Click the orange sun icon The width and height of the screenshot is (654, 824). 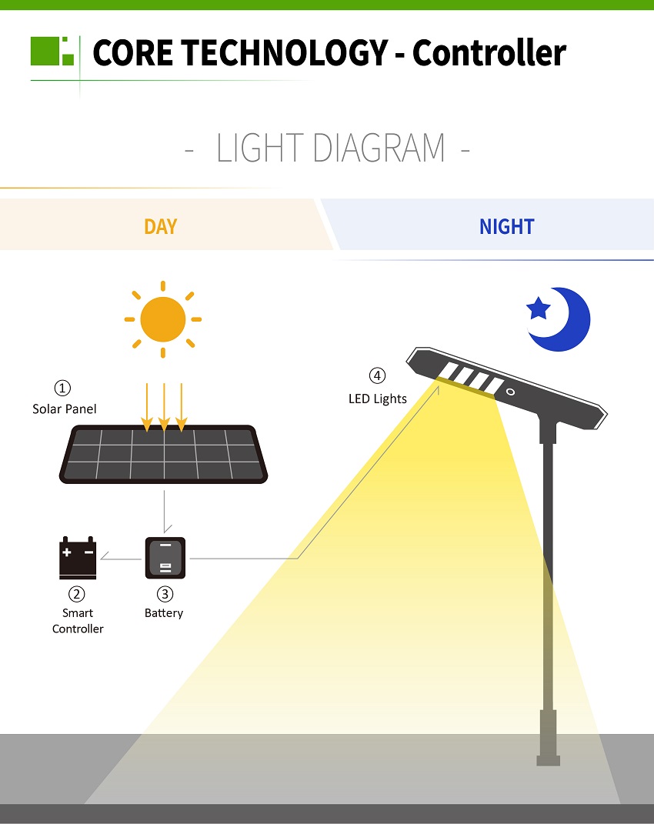(163, 319)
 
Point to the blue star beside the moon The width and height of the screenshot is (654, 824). (539, 308)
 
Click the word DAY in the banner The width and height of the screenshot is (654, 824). (160, 226)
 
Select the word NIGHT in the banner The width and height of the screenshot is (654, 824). (507, 226)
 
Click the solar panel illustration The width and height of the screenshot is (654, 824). (163, 454)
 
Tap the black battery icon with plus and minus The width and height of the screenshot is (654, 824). (78, 558)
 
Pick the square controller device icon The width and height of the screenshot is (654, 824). (165, 558)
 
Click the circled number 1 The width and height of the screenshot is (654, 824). (62, 388)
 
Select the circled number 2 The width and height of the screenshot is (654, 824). (77, 594)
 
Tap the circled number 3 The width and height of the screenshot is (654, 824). (165, 594)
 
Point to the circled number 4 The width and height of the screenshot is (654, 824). (377, 375)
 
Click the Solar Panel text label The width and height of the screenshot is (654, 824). (64, 409)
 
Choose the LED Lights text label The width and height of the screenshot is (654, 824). (378, 399)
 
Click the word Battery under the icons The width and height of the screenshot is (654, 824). (164, 613)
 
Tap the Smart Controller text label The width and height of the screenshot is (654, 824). (78, 621)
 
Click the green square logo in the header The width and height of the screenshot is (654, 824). (52, 51)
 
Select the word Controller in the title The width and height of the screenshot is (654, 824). (489, 52)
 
